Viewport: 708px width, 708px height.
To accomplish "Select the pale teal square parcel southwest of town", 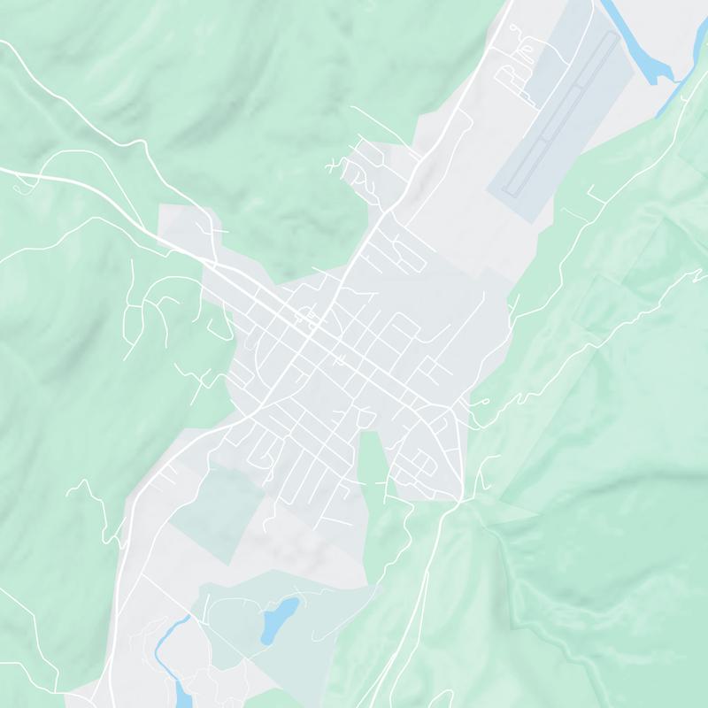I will [x=217, y=513].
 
